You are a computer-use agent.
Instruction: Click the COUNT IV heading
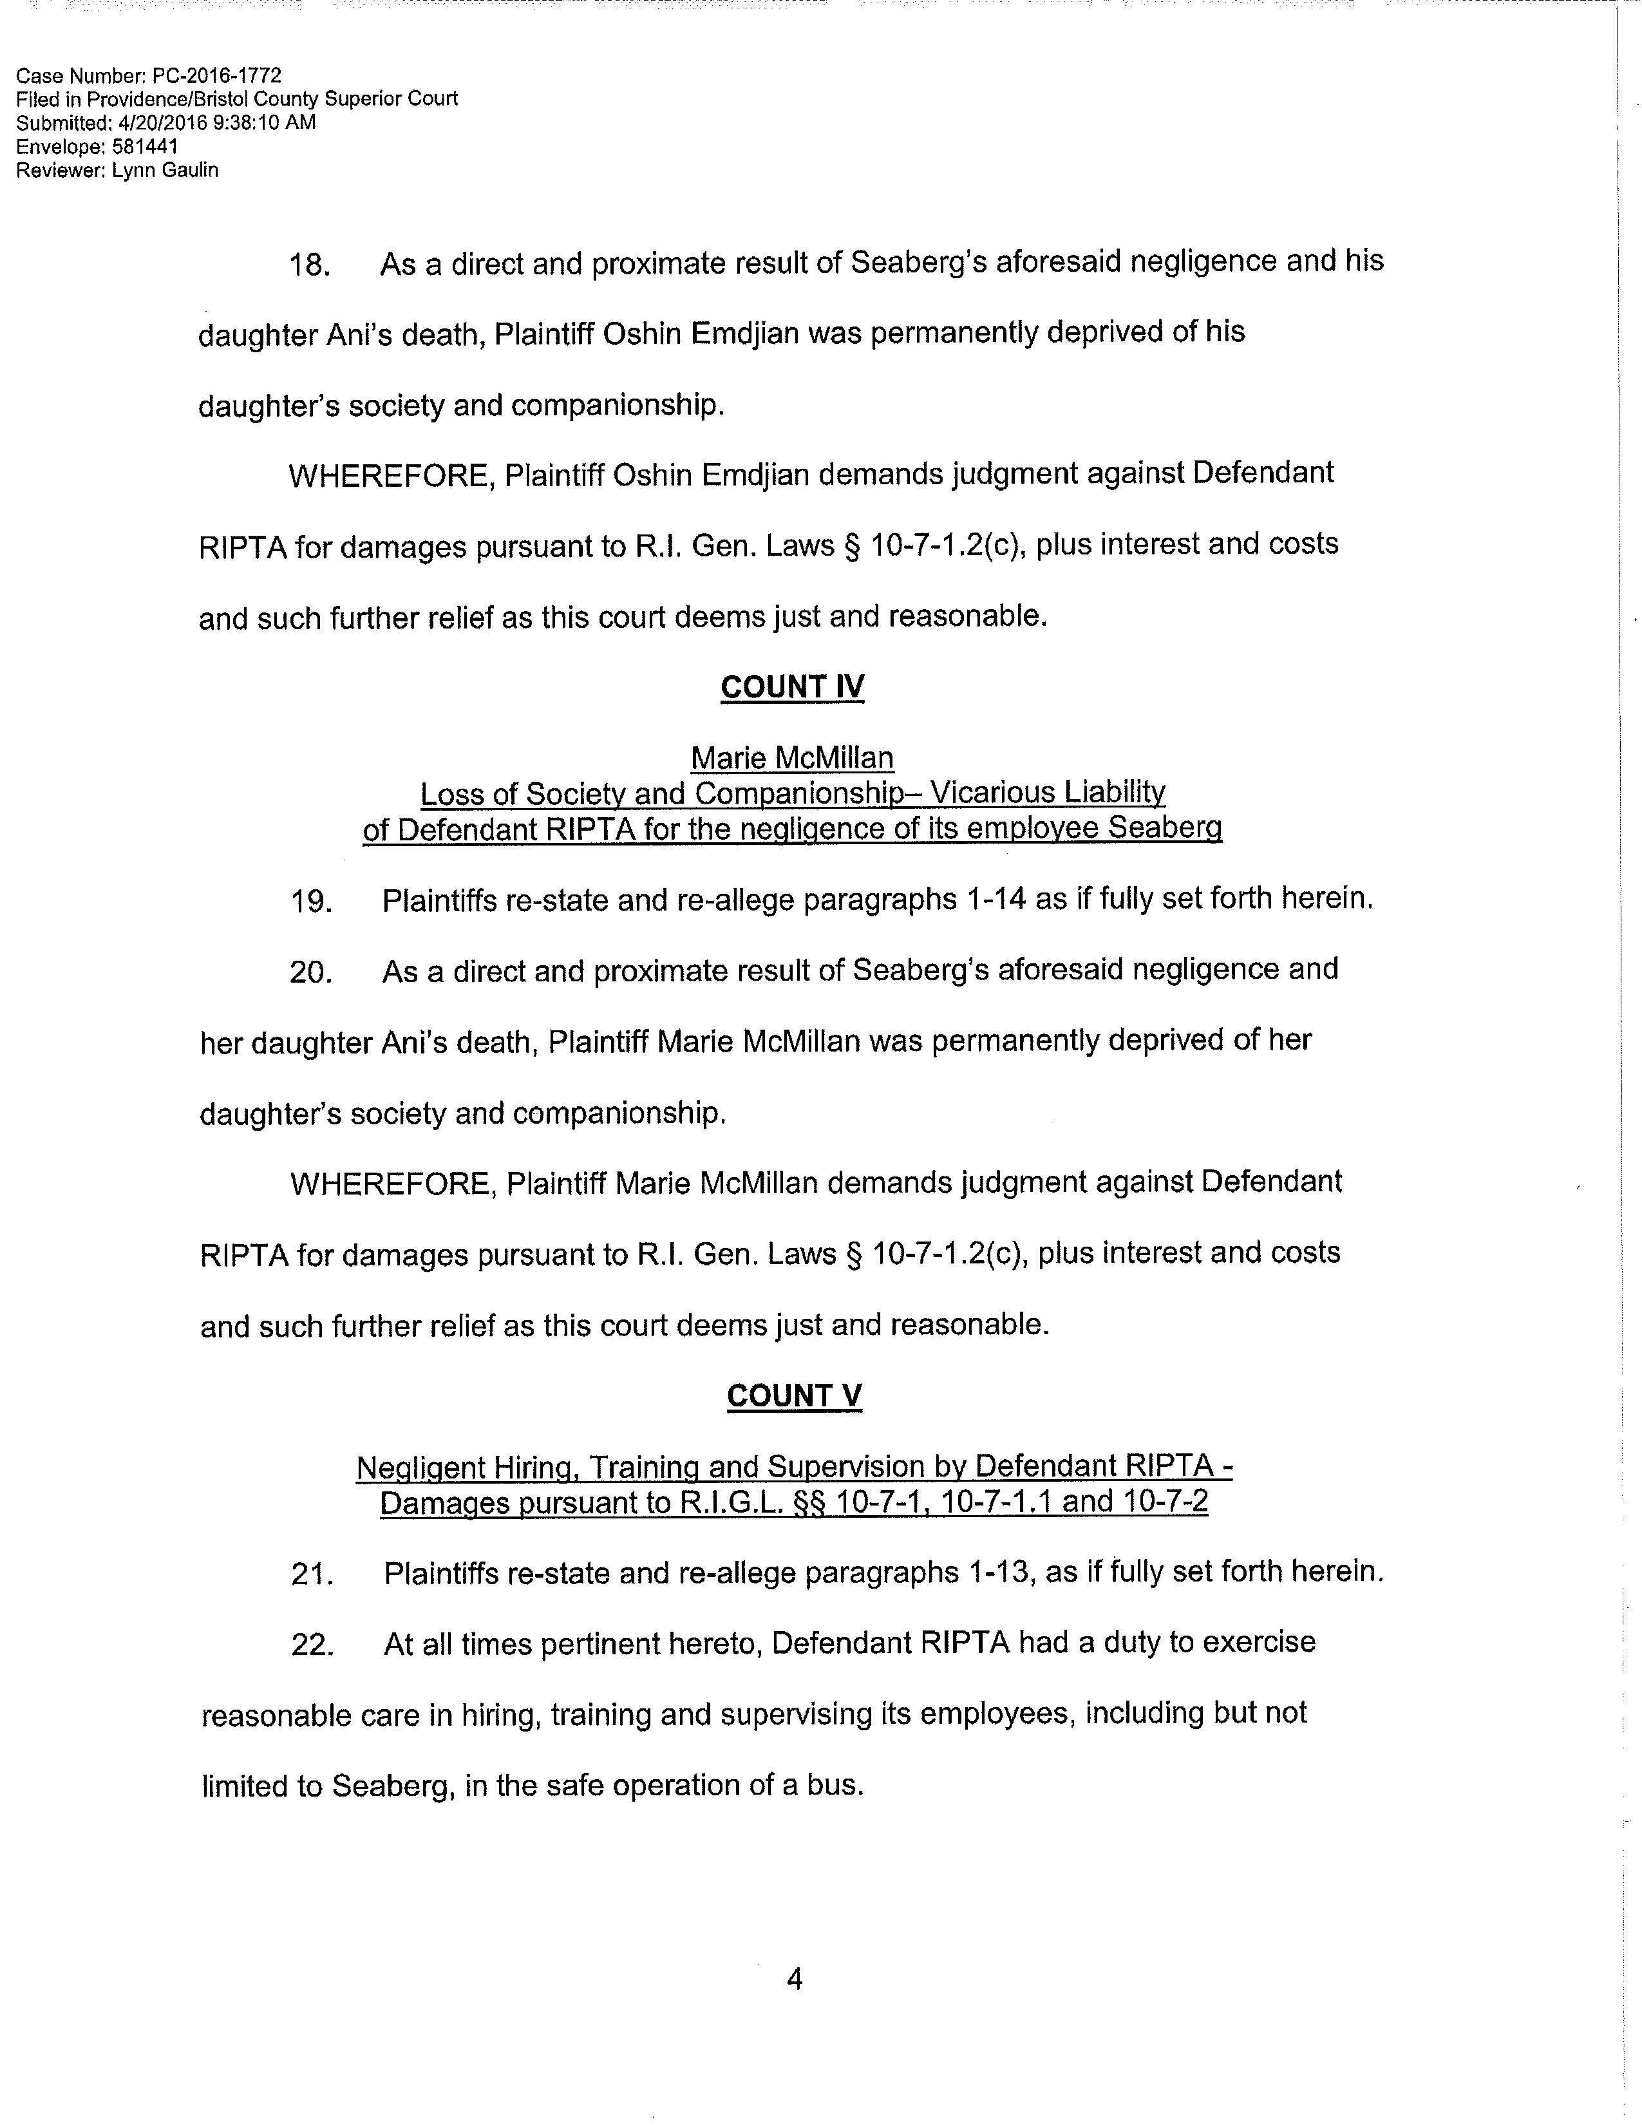tap(792, 688)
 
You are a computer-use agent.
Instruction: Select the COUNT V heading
tap(794, 1396)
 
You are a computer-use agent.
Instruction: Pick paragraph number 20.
tap(311, 972)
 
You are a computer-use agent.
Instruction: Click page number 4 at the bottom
tap(794, 1979)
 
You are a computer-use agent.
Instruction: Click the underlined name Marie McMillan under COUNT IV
tap(792, 758)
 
